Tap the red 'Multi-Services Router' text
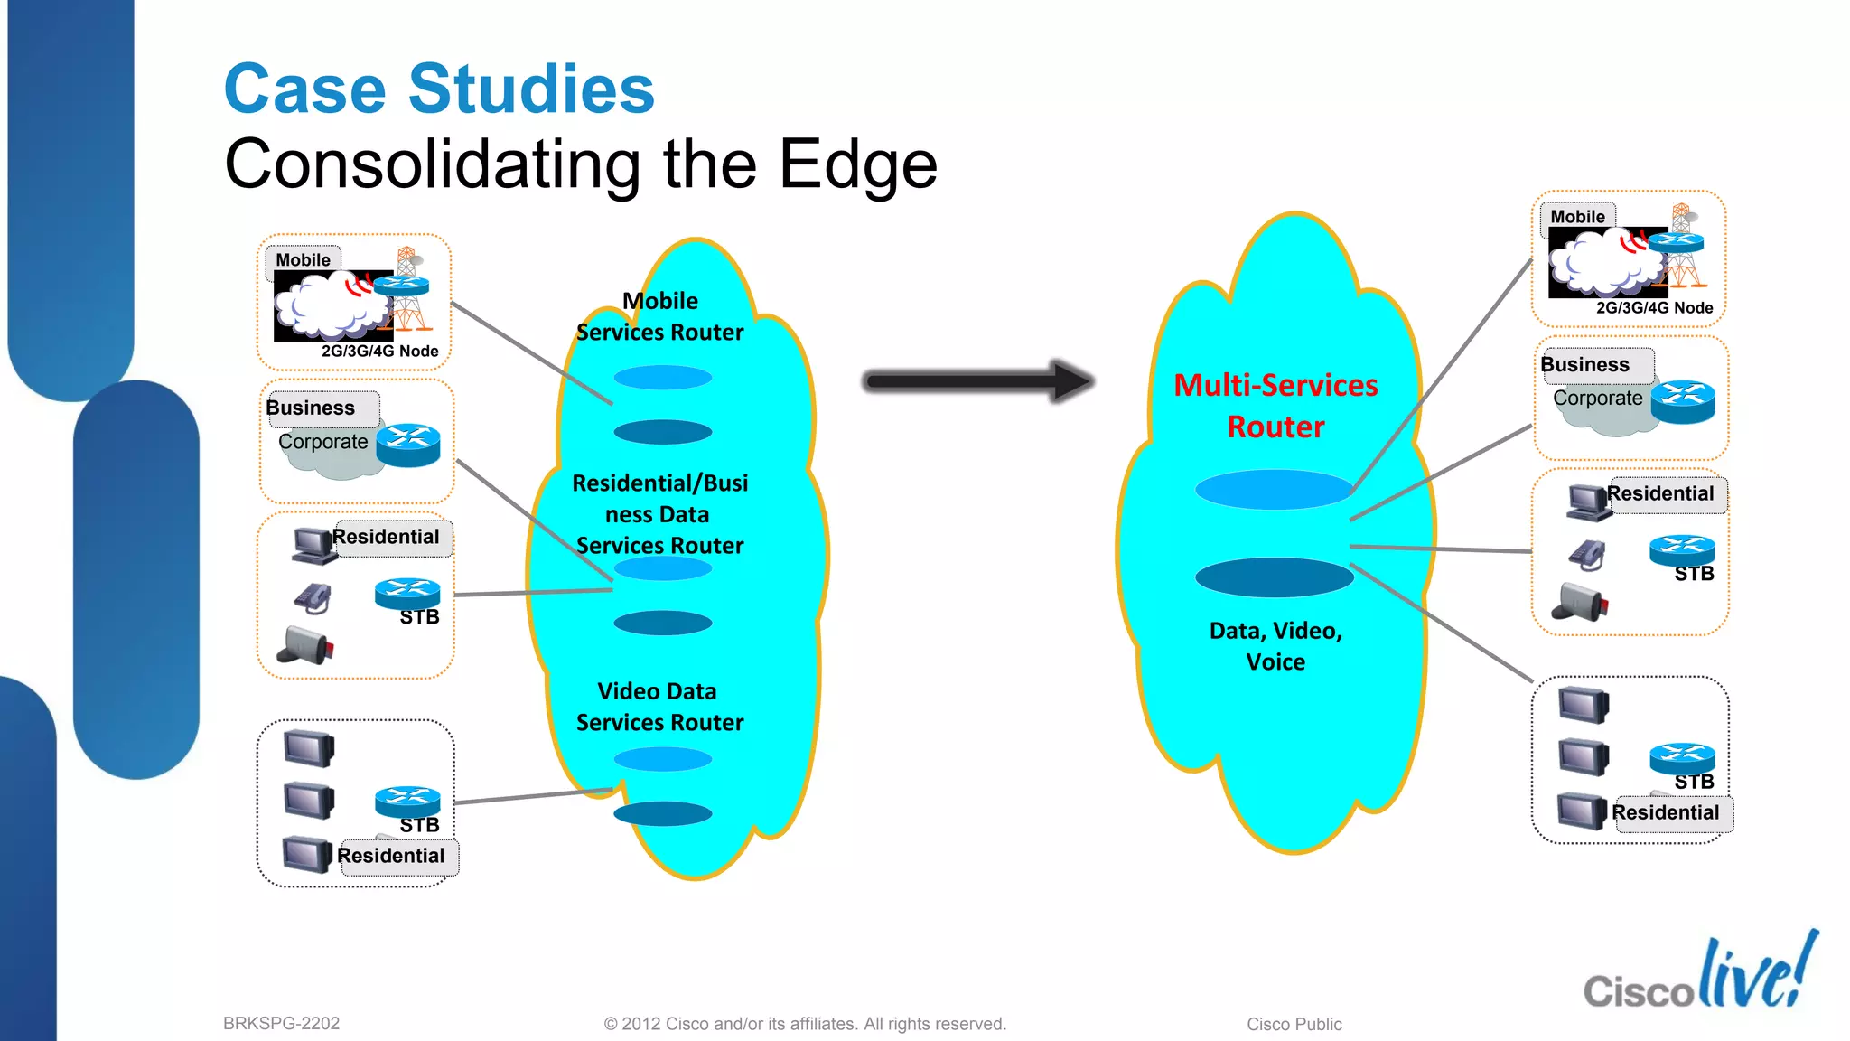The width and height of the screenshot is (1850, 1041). tap(1275, 406)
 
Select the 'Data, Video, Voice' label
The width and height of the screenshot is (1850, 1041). tap(1275, 646)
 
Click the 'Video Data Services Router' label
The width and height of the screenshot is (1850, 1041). tap(659, 707)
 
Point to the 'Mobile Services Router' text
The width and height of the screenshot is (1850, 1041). tap(660, 316)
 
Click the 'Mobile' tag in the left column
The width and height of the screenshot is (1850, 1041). tap(304, 260)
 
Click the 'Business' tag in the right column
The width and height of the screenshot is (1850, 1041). tap(1586, 365)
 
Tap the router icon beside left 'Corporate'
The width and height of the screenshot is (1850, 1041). tap(408, 445)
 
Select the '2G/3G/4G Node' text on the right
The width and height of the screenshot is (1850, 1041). tap(1654, 308)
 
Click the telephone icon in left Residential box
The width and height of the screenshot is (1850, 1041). tap(313, 597)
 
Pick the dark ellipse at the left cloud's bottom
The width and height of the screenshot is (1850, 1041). tap(663, 813)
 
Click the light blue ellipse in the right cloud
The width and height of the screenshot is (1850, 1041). tap(1274, 489)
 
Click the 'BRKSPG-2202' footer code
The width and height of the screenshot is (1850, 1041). tap(281, 1024)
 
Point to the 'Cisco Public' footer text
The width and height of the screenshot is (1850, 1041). tap(1294, 1025)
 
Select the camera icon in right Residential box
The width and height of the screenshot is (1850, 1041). tap(1580, 602)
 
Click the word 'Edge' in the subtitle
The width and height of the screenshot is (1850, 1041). tap(858, 164)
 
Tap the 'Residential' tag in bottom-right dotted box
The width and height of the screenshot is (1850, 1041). tap(1666, 812)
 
